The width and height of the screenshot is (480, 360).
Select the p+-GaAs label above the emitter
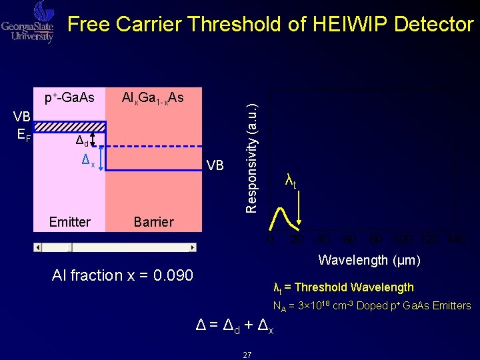(x=69, y=98)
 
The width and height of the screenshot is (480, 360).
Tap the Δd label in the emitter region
(x=83, y=141)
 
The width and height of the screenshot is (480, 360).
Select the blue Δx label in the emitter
(x=88, y=160)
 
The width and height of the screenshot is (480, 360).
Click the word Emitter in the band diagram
(x=69, y=222)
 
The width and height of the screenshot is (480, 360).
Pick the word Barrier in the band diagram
(x=153, y=222)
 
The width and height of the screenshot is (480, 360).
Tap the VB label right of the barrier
(x=215, y=165)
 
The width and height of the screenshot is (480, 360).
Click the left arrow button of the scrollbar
(x=38, y=247)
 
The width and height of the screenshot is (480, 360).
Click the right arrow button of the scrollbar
(x=193, y=247)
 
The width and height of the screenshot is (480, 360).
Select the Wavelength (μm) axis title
(x=369, y=260)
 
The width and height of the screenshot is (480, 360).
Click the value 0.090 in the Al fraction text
(x=173, y=275)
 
